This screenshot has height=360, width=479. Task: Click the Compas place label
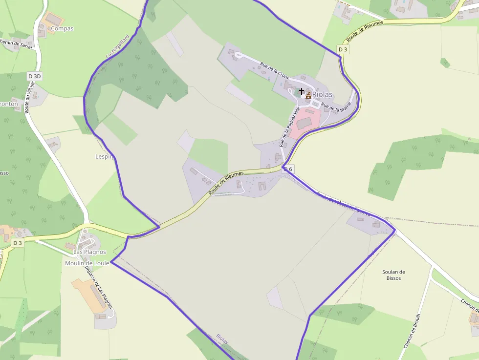62,28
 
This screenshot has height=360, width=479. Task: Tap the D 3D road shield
35,76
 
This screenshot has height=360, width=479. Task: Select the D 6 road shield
288,169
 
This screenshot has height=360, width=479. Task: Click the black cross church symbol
302,91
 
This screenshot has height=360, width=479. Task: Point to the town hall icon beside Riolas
308,95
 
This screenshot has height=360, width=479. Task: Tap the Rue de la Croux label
275,71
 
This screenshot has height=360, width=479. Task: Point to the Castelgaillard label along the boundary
117,46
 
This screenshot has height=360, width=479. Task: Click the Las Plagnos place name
89,252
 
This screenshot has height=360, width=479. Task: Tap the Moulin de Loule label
87,263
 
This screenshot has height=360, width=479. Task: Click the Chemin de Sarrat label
16,44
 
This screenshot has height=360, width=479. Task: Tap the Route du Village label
30,98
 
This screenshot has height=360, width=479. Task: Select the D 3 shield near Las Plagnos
18,243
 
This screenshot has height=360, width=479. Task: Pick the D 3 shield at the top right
343,49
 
